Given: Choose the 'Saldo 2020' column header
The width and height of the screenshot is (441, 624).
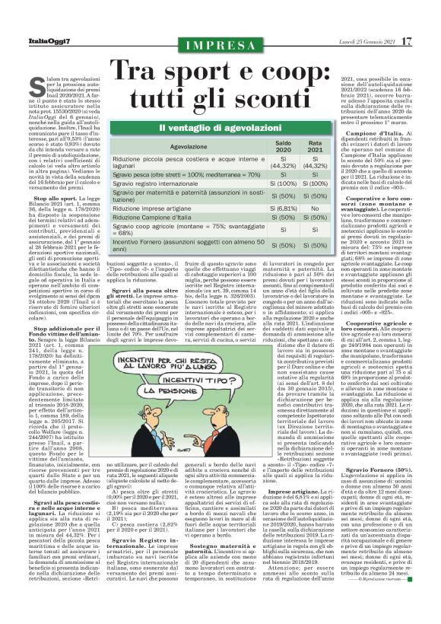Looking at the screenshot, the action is pos(283,145).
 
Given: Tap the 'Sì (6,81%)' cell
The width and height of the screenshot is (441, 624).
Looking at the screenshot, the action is pos(283,208).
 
